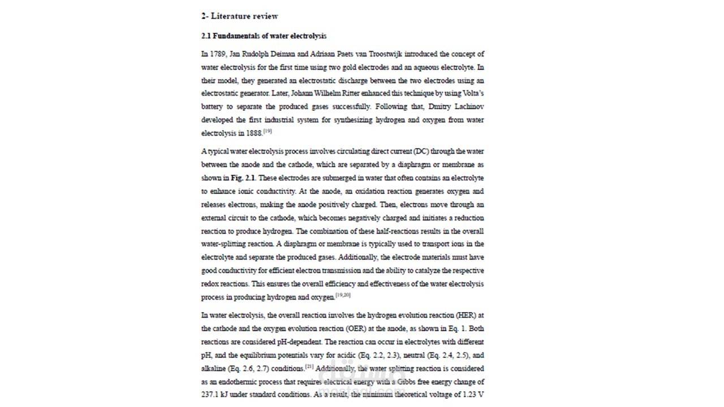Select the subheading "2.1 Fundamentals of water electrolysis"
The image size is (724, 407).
tap(264, 36)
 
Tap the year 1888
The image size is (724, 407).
tap(253, 133)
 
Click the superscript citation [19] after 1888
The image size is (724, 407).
tap(268, 131)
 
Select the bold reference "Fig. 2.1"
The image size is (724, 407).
tap(243, 178)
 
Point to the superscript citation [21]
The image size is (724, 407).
tap(309, 366)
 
